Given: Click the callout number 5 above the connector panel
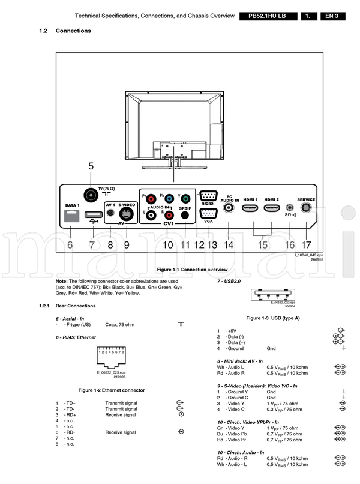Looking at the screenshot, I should [91, 166].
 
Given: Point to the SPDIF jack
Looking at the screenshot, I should [185, 214].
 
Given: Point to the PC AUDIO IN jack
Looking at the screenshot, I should [229, 208].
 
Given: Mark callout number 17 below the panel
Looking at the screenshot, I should [307, 244].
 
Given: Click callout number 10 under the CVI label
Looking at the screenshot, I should [167, 244].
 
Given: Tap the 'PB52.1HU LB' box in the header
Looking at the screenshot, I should [266, 16].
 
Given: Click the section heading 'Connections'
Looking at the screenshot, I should [73, 31].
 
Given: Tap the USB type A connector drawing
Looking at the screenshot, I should [272, 295].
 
